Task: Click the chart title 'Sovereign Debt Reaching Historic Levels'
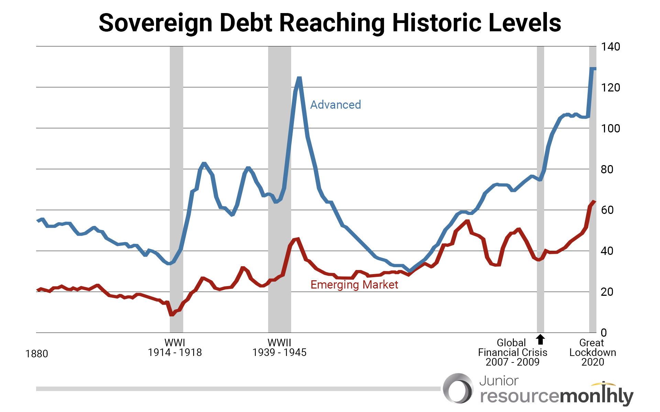click(330, 23)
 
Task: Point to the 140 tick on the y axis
click(610, 46)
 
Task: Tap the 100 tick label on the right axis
click(610, 128)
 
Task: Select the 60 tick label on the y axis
click(607, 210)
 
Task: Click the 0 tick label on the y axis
click(604, 333)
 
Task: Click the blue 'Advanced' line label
click(335, 105)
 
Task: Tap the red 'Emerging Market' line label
click(354, 284)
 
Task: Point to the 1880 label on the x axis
click(37, 354)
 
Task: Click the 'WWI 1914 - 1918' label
click(175, 348)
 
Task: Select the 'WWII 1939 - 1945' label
click(279, 348)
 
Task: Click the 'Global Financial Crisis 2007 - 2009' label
click(512, 353)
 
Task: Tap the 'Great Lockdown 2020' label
click(593, 353)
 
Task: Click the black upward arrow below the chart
click(540, 339)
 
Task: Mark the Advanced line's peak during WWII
click(299, 78)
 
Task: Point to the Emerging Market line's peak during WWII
click(297, 239)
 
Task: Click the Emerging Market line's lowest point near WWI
click(172, 314)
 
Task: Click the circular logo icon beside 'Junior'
click(458, 388)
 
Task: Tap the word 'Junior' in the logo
click(498, 381)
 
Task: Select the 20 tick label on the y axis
click(607, 292)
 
